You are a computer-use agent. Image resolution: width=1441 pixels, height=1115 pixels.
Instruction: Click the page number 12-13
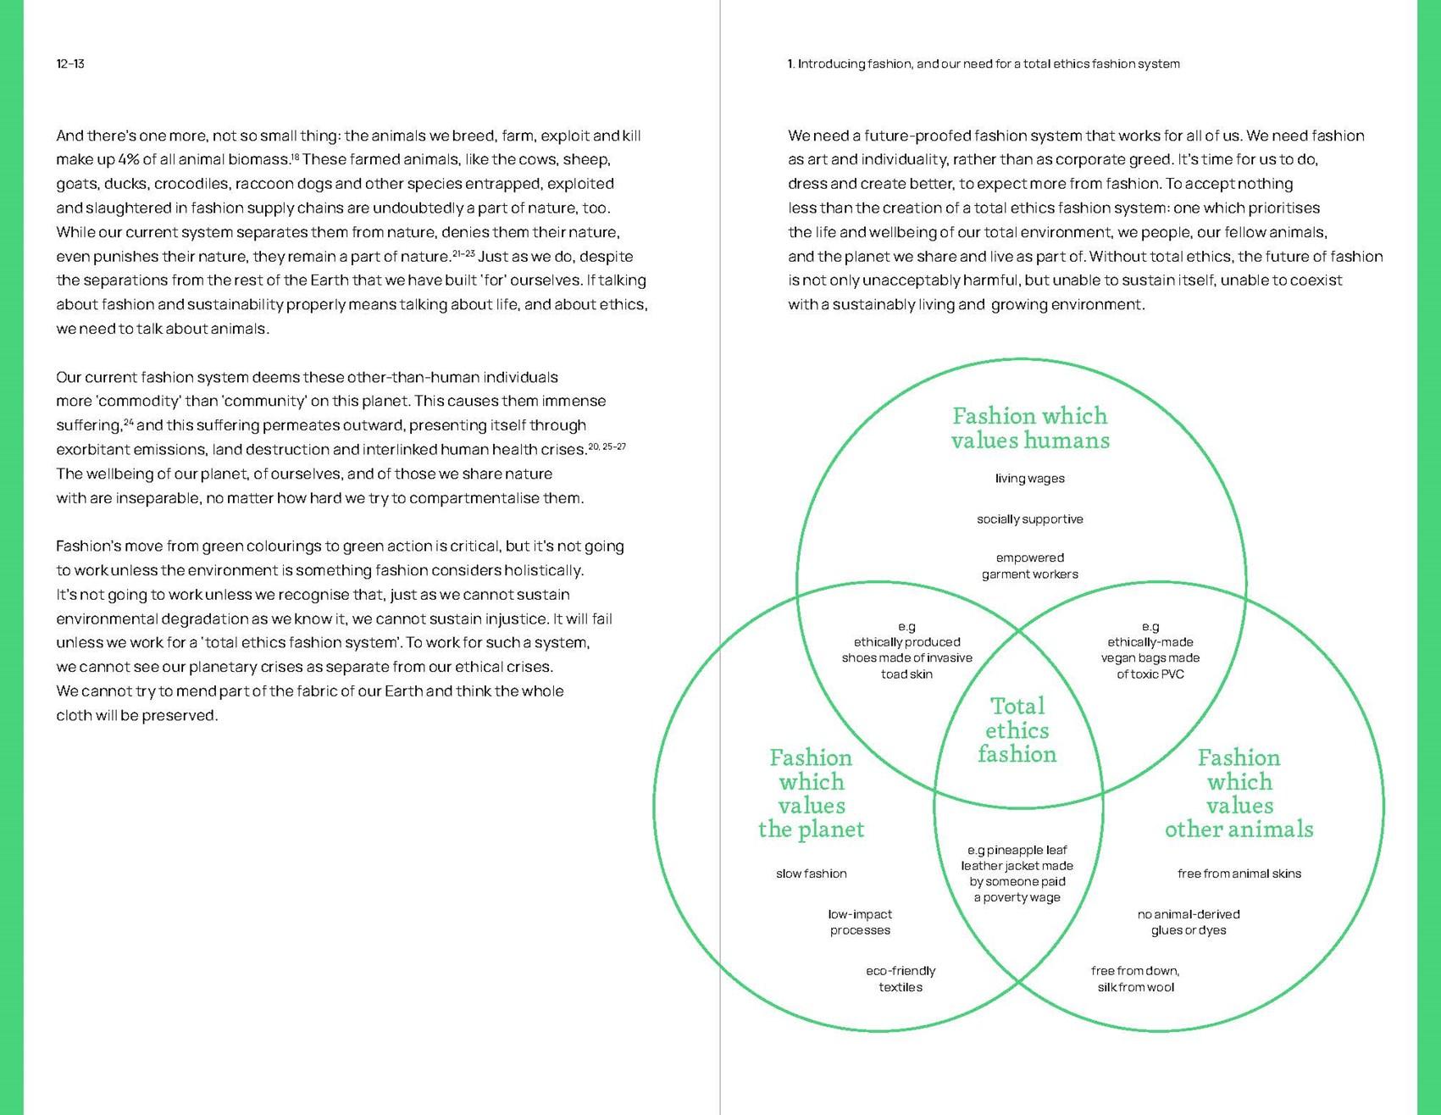[70, 64]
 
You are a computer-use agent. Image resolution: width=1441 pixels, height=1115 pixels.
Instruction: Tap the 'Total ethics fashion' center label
[1017, 730]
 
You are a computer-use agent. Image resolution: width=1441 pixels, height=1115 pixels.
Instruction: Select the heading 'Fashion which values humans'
[1029, 428]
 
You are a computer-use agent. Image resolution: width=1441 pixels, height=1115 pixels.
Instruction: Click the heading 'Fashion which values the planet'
[812, 793]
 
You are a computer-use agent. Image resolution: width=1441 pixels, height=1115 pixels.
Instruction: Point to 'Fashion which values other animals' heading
[1239, 793]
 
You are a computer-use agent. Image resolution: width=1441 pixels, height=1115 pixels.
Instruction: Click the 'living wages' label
[1029, 479]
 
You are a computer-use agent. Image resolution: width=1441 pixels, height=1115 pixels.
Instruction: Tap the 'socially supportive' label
[1029, 519]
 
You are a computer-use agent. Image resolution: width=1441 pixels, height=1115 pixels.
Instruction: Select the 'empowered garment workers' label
[1029, 566]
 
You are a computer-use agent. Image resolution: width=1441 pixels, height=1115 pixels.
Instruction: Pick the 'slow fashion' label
[811, 874]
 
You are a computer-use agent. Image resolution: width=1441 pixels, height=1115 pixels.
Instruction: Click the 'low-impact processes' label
[860, 922]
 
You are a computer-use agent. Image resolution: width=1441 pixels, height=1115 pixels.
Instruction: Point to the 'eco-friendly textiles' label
[901, 979]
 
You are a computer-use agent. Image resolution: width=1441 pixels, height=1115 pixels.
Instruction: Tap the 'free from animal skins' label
[1239, 874]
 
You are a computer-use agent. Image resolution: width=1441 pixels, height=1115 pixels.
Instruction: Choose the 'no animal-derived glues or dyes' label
[1189, 922]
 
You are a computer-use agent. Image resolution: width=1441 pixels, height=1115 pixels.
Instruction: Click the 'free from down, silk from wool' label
[1135, 979]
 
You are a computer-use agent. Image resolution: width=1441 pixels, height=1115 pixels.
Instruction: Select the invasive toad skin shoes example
[906, 651]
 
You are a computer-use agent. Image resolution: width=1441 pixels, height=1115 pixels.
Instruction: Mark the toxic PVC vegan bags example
[1150, 651]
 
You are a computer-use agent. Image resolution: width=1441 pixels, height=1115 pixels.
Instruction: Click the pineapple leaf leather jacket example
[1017, 874]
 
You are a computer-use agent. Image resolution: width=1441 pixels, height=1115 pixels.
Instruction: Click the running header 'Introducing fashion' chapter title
[983, 64]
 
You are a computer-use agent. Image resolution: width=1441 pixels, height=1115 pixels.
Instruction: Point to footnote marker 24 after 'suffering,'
[129, 421]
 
